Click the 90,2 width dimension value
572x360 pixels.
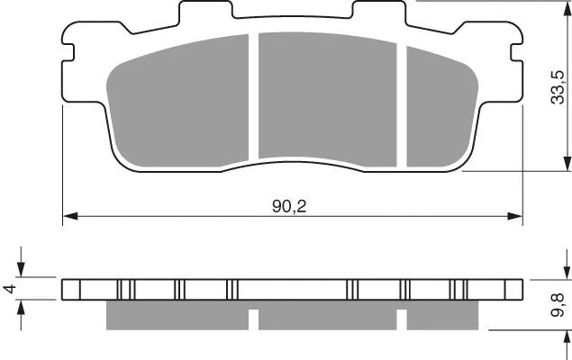pos(289,207)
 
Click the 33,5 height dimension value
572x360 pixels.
pos(558,87)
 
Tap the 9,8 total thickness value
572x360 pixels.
pos(558,305)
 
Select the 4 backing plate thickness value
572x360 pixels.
pos(10,289)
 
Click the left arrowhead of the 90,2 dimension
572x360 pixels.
pos(70,216)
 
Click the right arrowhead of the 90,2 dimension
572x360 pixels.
pos(515,216)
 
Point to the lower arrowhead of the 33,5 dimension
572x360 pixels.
pos(567,163)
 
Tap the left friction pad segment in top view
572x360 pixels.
pos(178,102)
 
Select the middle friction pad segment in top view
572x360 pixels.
pos(327,98)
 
